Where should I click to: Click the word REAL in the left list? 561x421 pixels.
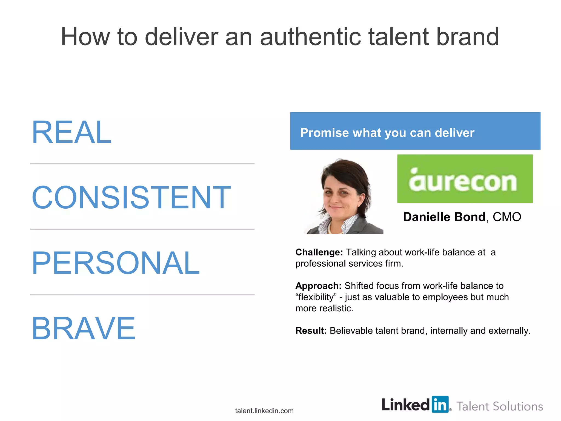point(72,132)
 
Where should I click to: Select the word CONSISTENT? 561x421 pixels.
point(131,197)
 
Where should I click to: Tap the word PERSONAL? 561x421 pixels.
point(116,263)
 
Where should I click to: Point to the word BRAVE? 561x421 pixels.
point(84,328)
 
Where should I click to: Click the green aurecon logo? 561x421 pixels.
point(465,179)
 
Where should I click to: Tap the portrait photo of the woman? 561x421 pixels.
point(344,196)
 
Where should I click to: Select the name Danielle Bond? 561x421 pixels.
point(444,217)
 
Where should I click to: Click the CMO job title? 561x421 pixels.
point(507,217)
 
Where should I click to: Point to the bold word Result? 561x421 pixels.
point(311,331)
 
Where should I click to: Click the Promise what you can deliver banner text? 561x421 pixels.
point(387,133)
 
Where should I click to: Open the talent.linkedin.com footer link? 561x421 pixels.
point(264,411)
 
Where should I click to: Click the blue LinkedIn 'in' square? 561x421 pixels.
point(440,404)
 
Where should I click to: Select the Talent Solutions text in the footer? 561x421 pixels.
point(500,406)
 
